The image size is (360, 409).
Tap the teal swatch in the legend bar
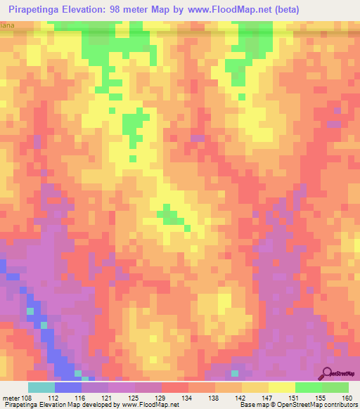pyautogui.click(x=41, y=387)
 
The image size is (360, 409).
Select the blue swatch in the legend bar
pyautogui.click(x=67, y=387)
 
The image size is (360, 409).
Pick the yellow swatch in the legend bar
pyautogui.click(x=281, y=387)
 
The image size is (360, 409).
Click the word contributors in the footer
pyautogui.click(x=339, y=405)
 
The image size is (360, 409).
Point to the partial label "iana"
pyautogui.click(x=7, y=25)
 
